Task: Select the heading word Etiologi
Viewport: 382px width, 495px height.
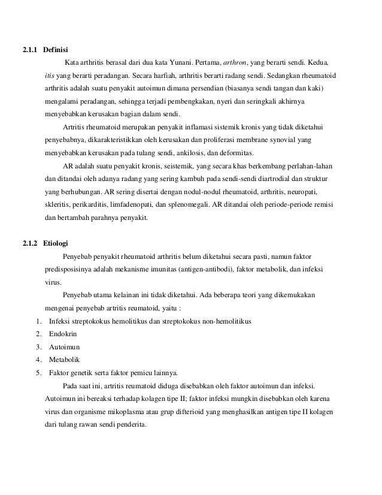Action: pyautogui.click(x=56, y=243)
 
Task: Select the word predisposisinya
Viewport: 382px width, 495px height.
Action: pyautogui.click(x=68, y=269)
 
